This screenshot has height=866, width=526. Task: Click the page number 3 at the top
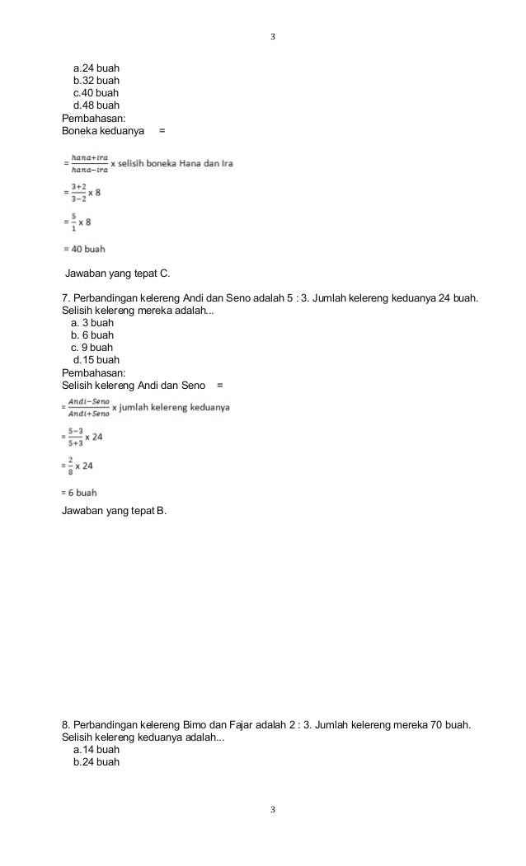coord(273,38)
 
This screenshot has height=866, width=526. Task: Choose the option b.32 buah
coord(96,81)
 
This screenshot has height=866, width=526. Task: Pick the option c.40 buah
coord(96,93)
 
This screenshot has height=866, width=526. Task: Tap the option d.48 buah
coord(96,105)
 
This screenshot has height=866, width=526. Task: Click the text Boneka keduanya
coord(103,130)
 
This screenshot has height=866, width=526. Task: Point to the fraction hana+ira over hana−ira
coord(90,163)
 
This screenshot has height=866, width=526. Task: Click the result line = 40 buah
coord(84,248)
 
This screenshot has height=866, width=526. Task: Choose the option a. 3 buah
coord(92,322)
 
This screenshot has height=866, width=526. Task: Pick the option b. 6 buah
coord(92,335)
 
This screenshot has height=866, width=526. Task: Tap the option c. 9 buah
coord(92,347)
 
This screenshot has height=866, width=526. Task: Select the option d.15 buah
coord(96,359)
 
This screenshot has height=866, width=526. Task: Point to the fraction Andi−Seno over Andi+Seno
coord(89,407)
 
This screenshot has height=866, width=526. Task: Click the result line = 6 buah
coord(80,492)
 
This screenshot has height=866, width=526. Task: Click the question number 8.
coord(66,725)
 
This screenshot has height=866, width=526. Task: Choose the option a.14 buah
coord(96,750)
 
